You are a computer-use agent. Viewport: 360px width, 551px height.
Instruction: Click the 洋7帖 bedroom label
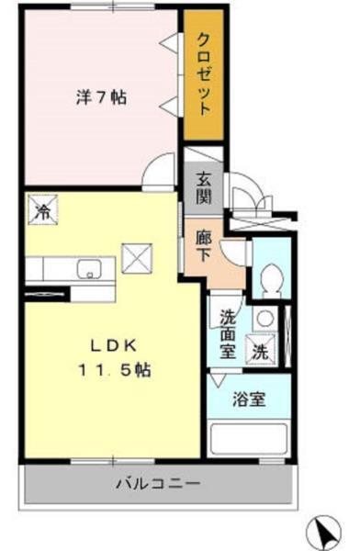coord(100,96)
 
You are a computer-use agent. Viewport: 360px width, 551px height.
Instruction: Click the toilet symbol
coord(270,277)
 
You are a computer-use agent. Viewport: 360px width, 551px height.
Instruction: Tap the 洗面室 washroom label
coord(228,332)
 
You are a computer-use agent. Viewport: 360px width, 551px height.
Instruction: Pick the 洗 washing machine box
coord(261,349)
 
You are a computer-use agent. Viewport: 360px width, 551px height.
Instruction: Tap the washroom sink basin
coord(263,318)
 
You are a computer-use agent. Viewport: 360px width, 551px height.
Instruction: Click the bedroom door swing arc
coord(163,173)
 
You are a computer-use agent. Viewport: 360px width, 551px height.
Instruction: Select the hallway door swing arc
coord(233,247)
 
